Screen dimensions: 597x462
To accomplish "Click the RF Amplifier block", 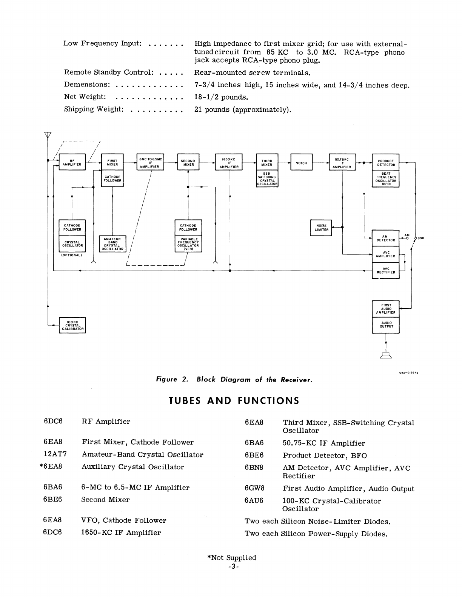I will click(x=72, y=162).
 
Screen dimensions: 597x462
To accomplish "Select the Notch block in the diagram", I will click(x=301, y=163).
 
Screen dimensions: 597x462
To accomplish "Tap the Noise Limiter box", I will click(x=321, y=228).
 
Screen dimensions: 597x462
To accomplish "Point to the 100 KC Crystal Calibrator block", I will click(x=72, y=325).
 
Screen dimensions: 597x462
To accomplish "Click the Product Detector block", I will click(x=386, y=163).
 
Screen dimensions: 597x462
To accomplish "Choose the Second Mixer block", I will click(x=188, y=163).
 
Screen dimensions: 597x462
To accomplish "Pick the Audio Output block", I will click(x=386, y=325).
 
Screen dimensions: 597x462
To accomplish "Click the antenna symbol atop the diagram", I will click(x=48, y=135).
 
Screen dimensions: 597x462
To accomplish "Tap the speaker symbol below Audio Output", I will click(x=386, y=354).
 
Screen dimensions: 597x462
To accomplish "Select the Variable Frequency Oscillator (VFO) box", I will click(x=188, y=244).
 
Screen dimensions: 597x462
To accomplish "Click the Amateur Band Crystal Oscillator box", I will click(x=112, y=244).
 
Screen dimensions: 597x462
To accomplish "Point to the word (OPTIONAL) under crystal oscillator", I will click(x=72, y=255).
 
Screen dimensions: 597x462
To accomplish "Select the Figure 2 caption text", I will click(x=234, y=380).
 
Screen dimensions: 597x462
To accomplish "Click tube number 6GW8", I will click(x=254, y=488).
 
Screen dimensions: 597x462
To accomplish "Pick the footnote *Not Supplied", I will click(x=231, y=558).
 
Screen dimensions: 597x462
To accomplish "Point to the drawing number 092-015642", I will click(x=408, y=372).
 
